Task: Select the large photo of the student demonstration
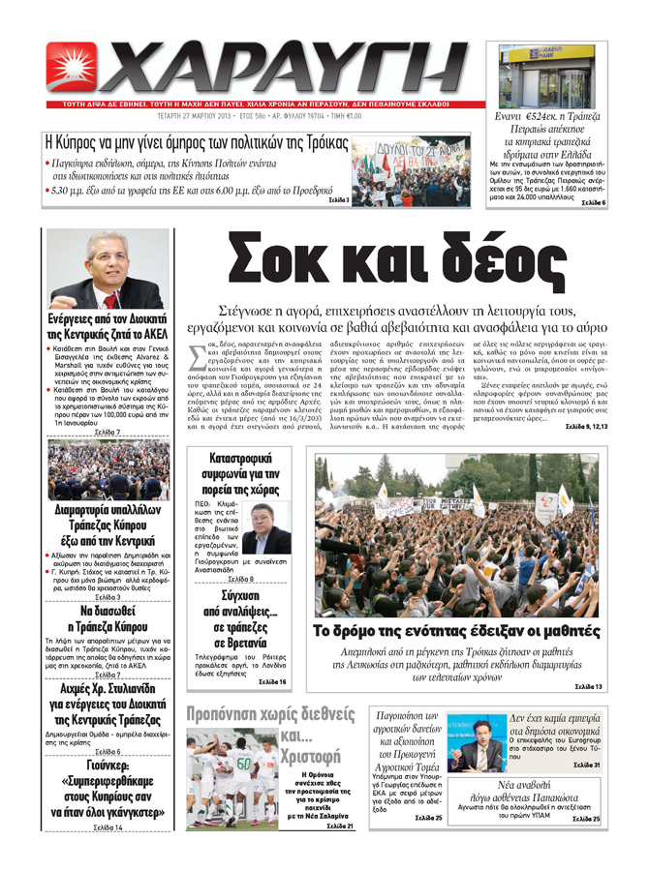(x=459, y=537)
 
